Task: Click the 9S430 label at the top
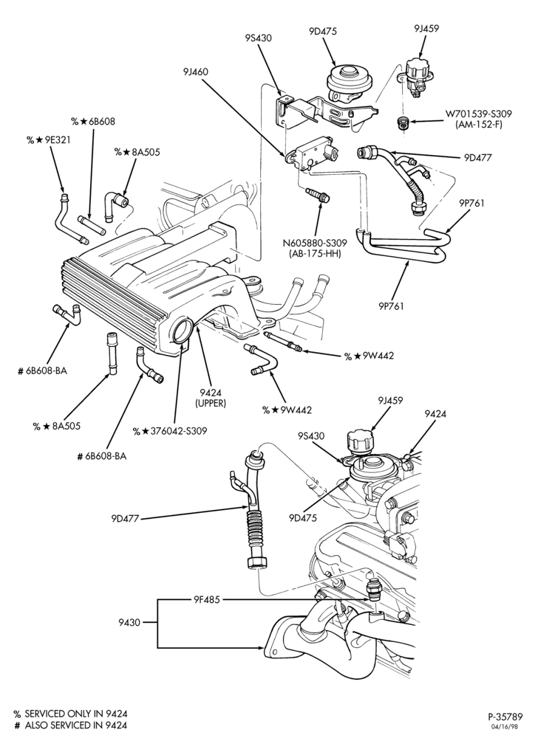pos(258,38)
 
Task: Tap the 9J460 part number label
pos(196,72)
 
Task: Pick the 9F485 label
pos(207,599)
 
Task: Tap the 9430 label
pos(129,622)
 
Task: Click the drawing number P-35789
pos(505,717)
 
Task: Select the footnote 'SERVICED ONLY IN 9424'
pos(76,714)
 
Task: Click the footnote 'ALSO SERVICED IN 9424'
pos(76,725)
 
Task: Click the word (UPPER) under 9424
pos(211,404)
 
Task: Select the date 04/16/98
pos(511,728)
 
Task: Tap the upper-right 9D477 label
pos(477,158)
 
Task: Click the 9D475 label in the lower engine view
pos(303,518)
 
